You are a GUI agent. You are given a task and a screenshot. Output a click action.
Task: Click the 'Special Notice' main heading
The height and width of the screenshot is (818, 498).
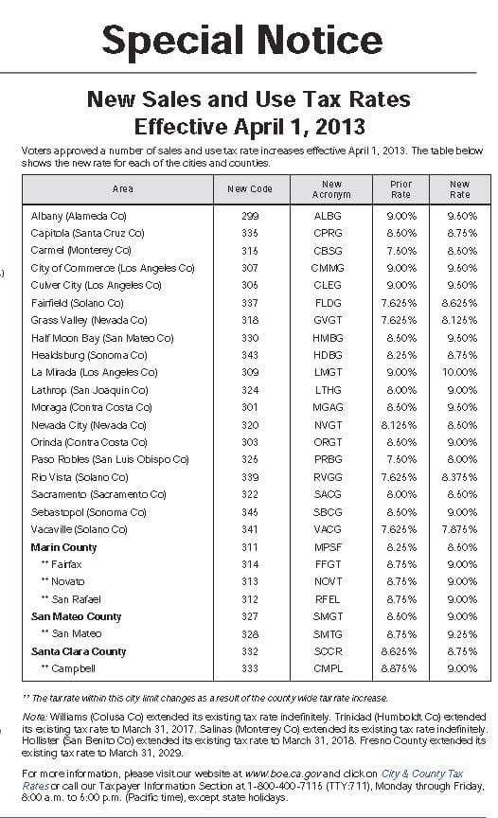tap(242, 39)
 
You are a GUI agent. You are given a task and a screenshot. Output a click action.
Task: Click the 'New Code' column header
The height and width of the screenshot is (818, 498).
tap(250, 189)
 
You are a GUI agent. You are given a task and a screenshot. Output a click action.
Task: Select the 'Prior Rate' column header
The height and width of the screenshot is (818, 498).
tap(400, 189)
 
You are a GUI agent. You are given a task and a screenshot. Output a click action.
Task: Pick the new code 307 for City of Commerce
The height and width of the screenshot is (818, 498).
tap(250, 268)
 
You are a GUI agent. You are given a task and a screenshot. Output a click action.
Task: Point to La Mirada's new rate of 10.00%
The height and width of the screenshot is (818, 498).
tap(460, 372)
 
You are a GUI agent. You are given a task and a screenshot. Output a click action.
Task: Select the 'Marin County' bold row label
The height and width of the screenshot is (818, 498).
tap(64, 547)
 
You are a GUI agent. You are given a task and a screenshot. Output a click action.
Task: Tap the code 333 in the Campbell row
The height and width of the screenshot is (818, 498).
tap(250, 668)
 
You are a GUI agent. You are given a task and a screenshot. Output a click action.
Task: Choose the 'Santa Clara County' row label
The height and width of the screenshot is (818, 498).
tap(79, 651)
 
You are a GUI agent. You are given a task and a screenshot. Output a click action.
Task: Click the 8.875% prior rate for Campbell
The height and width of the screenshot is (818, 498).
tap(400, 668)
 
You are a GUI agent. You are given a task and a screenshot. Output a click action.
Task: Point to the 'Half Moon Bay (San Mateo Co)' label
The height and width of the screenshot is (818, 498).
tap(102, 338)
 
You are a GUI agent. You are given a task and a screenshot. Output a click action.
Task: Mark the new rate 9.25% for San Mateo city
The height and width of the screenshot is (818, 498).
tap(460, 633)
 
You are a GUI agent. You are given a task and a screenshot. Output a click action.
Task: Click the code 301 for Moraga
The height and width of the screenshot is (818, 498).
tap(250, 407)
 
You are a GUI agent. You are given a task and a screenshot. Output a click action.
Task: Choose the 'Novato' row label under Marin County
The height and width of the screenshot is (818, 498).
tap(67, 581)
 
